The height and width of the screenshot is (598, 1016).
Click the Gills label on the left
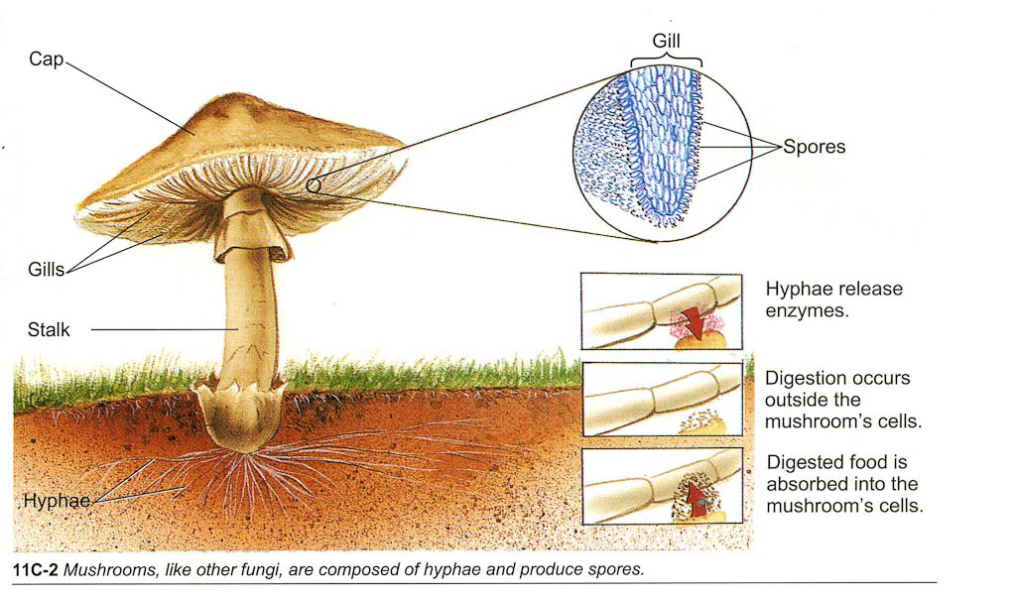click(x=45, y=269)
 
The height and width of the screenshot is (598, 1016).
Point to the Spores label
click(x=814, y=147)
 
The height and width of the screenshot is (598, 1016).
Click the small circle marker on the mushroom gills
click(x=314, y=184)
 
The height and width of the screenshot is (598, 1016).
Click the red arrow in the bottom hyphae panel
click(x=701, y=496)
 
